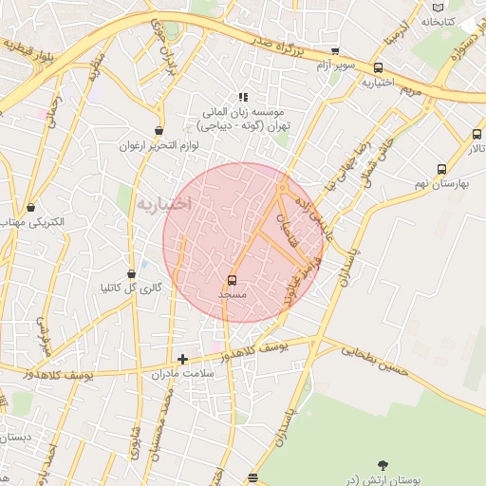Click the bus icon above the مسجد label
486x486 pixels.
click(x=232, y=280)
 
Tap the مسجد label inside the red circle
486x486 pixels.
click(x=233, y=295)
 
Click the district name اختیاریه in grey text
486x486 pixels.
click(x=163, y=203)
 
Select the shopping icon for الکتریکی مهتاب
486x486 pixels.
click(x=31, y=206)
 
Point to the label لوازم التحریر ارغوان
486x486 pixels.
click(x=157, y=147)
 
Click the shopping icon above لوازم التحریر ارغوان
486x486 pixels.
click(x=157, y=132)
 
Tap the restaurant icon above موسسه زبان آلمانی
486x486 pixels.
click(x=243, y=96)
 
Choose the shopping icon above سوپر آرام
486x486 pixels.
click(x=334, y=50)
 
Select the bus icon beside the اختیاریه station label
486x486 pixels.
click(x=379, y=67)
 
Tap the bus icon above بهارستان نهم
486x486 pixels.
click(x=441, y=169)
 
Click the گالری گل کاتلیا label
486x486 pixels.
click(x=131, y=288)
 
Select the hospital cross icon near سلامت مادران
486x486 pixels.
click(x=183, y=359)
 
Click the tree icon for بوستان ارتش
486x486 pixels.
click(x=383, y=465)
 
